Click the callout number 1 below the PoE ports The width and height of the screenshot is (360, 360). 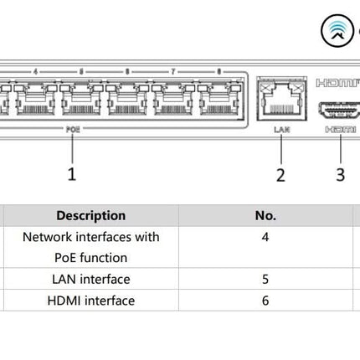72,173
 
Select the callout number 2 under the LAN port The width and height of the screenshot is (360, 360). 280,174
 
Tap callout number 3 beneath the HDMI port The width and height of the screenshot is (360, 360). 340,174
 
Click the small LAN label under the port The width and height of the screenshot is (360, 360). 280,130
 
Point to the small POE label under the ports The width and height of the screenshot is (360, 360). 73,130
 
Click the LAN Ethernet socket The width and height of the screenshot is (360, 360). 280,101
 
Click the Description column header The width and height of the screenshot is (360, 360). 91,215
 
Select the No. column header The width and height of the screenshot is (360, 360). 265,215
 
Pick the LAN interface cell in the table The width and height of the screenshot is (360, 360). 91,279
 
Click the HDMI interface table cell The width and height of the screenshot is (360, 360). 91,300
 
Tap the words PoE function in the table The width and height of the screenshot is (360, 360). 91,258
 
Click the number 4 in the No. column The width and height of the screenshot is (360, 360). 265,237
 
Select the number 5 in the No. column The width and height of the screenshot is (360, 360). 265,279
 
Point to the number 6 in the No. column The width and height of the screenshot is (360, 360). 265,300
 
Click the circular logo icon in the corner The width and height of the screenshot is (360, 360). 338,31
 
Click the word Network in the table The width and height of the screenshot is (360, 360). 49,237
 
